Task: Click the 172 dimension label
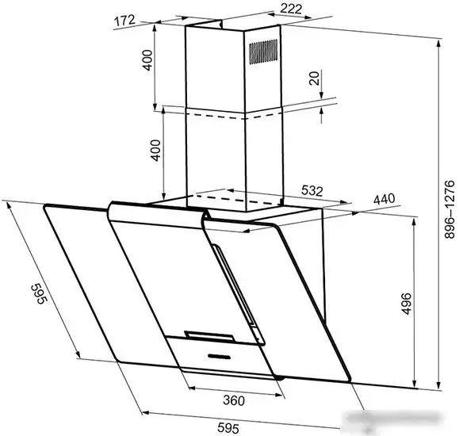(x=124, y=21)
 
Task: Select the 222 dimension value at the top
(x=291, y=9)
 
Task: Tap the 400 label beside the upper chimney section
(x=147, y=60)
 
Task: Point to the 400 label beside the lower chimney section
(x=155, y=151)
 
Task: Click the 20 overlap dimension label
(x=314, y=78)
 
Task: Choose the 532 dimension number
(x=312, y=190)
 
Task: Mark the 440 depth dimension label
(x=384, y=199)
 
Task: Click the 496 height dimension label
(x=406, y=304)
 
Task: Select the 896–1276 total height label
(x=449, y=209)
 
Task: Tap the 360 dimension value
(x=234, y=400)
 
